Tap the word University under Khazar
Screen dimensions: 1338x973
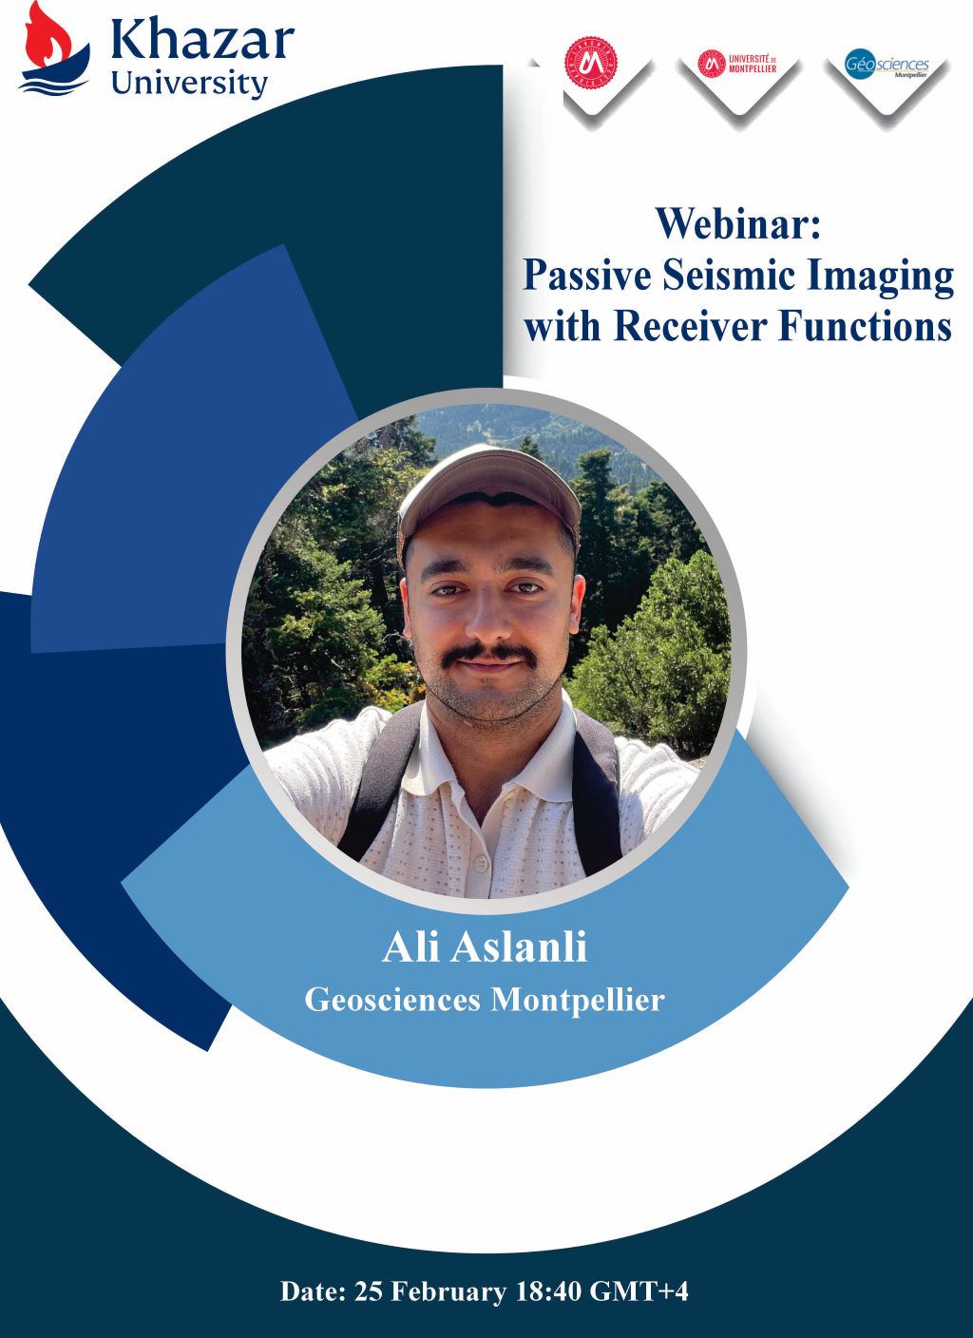tap(189, 83)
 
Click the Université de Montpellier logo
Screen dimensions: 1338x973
tap(738, 64)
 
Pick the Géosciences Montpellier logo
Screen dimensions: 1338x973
tap(886, 67)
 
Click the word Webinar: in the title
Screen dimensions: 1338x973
tap(736, 225)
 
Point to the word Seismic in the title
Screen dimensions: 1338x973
tap(730, 276)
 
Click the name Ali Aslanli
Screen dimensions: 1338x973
tap(485, 947)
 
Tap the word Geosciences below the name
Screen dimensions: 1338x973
tap(392, 1000)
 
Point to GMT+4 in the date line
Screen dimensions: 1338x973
tap(639, 1292)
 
